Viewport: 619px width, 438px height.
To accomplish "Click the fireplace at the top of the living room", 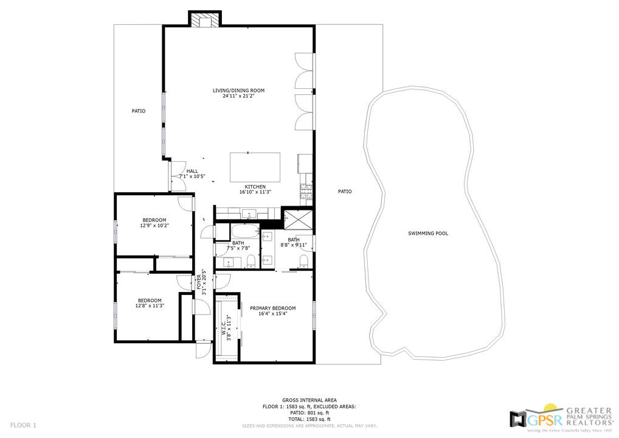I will pyautogui.click(x=204, y=20).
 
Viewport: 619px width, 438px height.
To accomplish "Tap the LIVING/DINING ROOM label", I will pyautogui.click(x=238, y=91).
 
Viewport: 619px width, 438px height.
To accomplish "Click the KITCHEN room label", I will pyautogui.click(x=255, y=187).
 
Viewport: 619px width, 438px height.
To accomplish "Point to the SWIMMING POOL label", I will pyautogui.click(x=428, y=233).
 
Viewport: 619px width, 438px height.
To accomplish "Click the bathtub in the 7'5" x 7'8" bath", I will pyautogui.click(x=245, y=232).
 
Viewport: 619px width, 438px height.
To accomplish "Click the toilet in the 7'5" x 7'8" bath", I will pyautogui.click(x=251, y=262).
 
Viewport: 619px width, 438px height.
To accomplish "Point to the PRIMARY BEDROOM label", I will pyautogui.click(x=272, y=308).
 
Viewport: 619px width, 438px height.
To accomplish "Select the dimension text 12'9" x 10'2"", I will pyautogui.click(x=154, y=226).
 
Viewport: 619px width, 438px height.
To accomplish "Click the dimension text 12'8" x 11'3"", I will pyautogui.click(x=149, y=306).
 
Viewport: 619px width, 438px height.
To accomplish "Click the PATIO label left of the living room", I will pyautogui.click(x=139, y=111).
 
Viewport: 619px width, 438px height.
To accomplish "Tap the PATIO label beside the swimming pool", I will pyautogui.click(x=345, y=192).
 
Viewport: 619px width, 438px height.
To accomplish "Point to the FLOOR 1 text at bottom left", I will pyautogui.click(x=24, y=425).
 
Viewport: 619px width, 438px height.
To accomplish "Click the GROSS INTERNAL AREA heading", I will pyautogui.click(x=309, y=400).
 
